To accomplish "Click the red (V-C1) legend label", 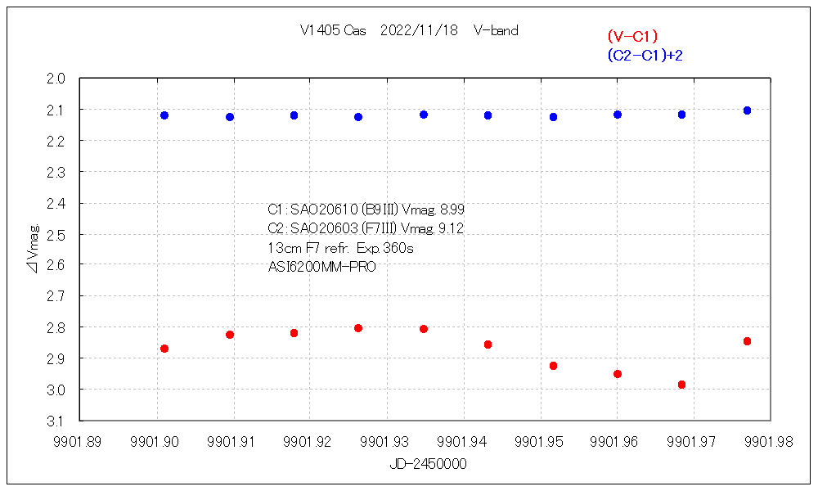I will point(632,36).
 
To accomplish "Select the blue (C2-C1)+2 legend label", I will point(645,55).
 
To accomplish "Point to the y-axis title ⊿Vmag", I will point(33,248).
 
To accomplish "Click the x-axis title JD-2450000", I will point(428,463).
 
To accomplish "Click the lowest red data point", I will point(681,385).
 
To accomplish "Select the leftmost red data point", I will point(164,349).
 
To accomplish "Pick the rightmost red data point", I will point(747,341).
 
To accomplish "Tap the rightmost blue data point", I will point(747,110).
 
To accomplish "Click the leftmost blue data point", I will point(164,115).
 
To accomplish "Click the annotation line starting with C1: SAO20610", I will point(366,209).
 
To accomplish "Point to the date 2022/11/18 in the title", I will point(418,31).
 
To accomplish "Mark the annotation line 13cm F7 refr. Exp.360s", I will point(340,247).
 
